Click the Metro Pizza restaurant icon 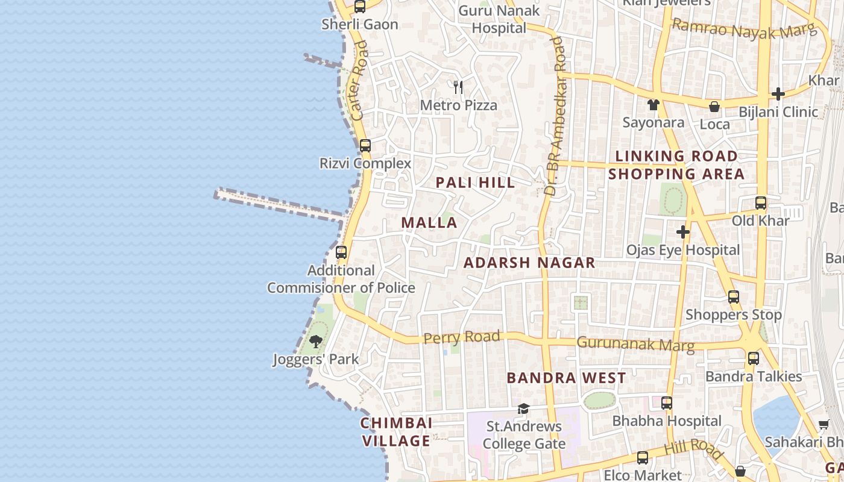pyautogui.click(x=458, y=87)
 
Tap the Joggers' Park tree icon pyautogui.click(x=315, y=342)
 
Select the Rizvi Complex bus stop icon pyautogui.click(x=365, y=146)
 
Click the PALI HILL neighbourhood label pyautogui.click(x=475, y=183)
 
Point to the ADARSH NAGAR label pyautogui.click(x=529, y=263)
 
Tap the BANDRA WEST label pyautogui.click(x=566, y=378)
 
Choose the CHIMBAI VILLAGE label pyautogui.click(x=396, y=431)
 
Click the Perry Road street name pyautogui.click(x=462, y=337)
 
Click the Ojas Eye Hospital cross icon pyautogui.click(x=682, y=232)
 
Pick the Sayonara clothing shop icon pyautogui.click(x=653, y=105)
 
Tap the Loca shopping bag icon pyautogui.click(x=714, y=107)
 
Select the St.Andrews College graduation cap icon pyautogui.click(x=523, y=409)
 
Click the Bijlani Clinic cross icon pyautogui.click(x=778, y=94)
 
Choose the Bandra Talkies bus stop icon pyautogui.click(x=754, y=358)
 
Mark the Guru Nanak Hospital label pyautogui.click(x=499, y=19)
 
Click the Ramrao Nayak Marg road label pyautogui.click(x=743, y=29)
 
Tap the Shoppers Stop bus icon pyautogui.click(x=734, y=297)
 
